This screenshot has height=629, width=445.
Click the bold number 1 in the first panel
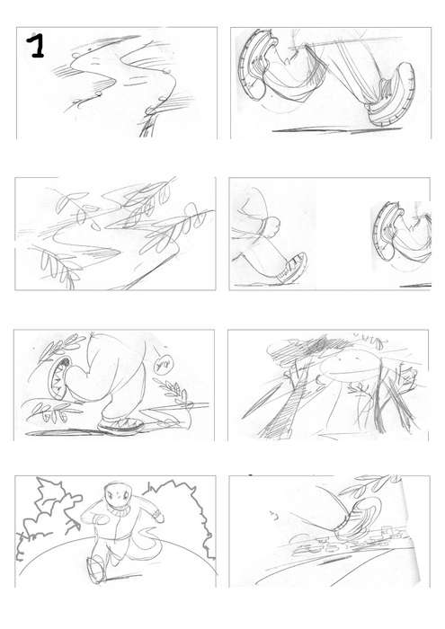36,45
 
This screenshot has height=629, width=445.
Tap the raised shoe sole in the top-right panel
254,64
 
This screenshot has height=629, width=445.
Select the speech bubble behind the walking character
163,365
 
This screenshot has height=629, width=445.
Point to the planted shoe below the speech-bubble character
121,426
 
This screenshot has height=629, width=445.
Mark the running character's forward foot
96,570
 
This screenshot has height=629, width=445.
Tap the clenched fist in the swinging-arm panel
272,226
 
